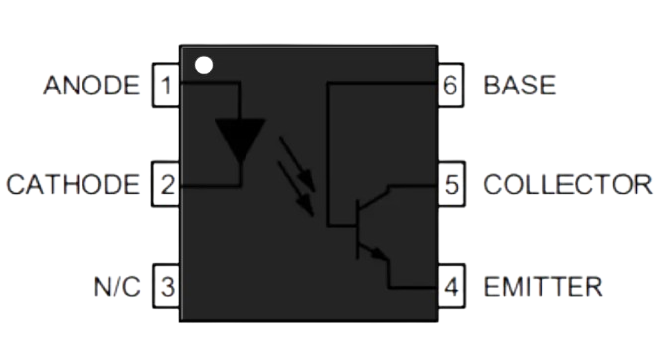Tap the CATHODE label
click(73, 184)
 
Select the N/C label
click(117, 288)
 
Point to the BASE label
click(519, 85)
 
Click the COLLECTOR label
click(568, 184)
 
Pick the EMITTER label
click(542, 288)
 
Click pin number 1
click(165, 85)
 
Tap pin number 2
click(165, 184)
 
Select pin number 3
click(165, 288)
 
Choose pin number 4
click(452, 288)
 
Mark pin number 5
click(452, 184)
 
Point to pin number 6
click(452, 85)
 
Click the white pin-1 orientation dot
click(203, 67)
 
